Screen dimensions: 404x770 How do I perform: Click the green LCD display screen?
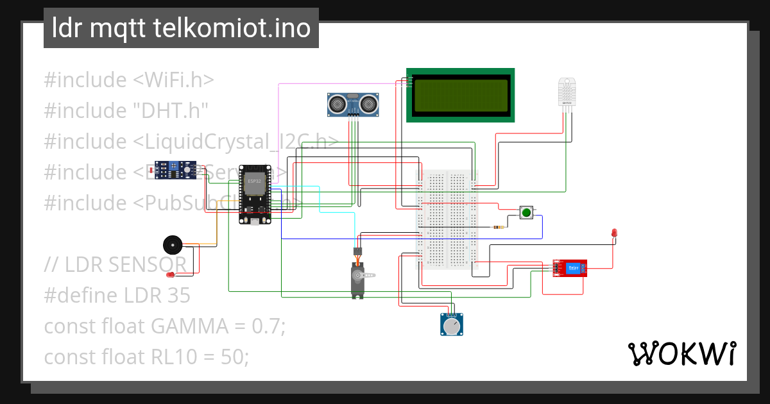(x=460, y=95)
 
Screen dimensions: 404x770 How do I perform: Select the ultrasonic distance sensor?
(x=352, y=103)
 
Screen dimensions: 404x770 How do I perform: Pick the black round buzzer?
(x=172, y=245)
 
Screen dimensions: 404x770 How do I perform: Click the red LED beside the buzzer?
(x=171, y=274)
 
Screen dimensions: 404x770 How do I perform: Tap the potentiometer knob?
(x=452, y=326)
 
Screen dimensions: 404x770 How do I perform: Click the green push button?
(x=527, y=212)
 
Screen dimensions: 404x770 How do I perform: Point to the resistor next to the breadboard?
(x=499, y=227)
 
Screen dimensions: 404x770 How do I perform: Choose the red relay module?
(x=569, y=268)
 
